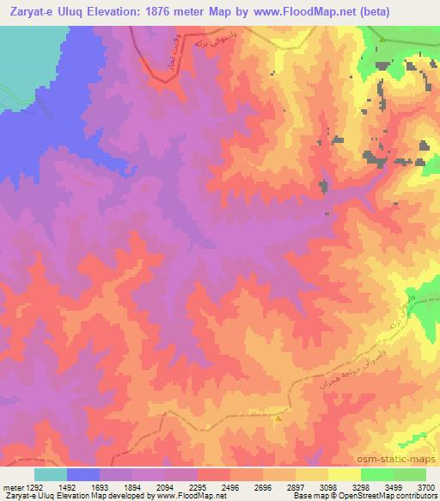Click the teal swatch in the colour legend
[x=51, y=474]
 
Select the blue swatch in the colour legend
[x=83, y=474]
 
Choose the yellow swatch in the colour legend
[x=344, y=474]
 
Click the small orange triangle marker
[x=278, y=419]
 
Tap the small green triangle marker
[x=382, y=40]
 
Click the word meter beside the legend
[x=11, y=486]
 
